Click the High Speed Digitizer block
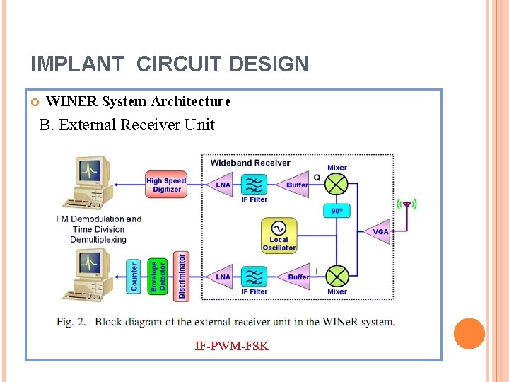click(166, 185)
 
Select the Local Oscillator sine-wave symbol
click(279, 227)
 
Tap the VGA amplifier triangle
click(379, 231)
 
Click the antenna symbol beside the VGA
click(406, 206)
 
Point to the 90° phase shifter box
click(337, 210)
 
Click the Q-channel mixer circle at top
click(337, 185)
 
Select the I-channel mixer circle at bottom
click(337, 276)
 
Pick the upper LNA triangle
click(222, 185)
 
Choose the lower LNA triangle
click(222, 277)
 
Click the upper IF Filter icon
click(254, 185)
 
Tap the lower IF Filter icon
click(254, 277)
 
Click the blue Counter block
click(135, 277)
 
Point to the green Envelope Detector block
click(158, 277)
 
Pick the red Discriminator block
click(182, 276)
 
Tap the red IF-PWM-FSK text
click(231, 347)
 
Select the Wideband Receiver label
click(250, 163)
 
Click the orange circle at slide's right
click(469, 333)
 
